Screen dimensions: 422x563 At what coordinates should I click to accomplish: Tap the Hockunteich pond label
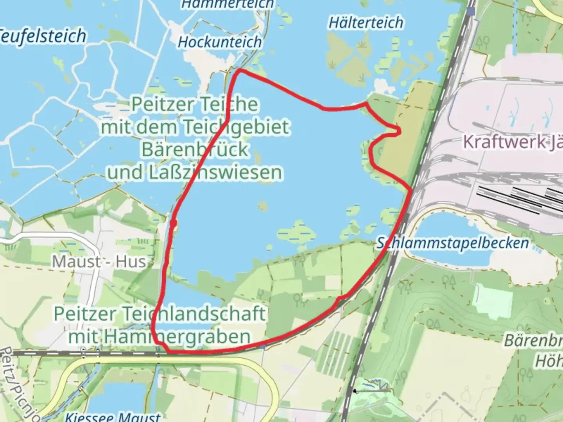tap(220, 42)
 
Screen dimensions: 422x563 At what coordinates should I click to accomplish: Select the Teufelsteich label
tap(42, 36)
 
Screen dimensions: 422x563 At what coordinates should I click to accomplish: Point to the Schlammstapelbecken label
tap(453, 243)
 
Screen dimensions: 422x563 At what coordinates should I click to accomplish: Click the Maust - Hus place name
tap(99, 261)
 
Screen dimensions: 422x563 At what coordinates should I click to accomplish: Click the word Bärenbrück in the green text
tap(195, 149)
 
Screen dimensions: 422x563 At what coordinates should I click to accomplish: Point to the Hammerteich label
tap(228, 4)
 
